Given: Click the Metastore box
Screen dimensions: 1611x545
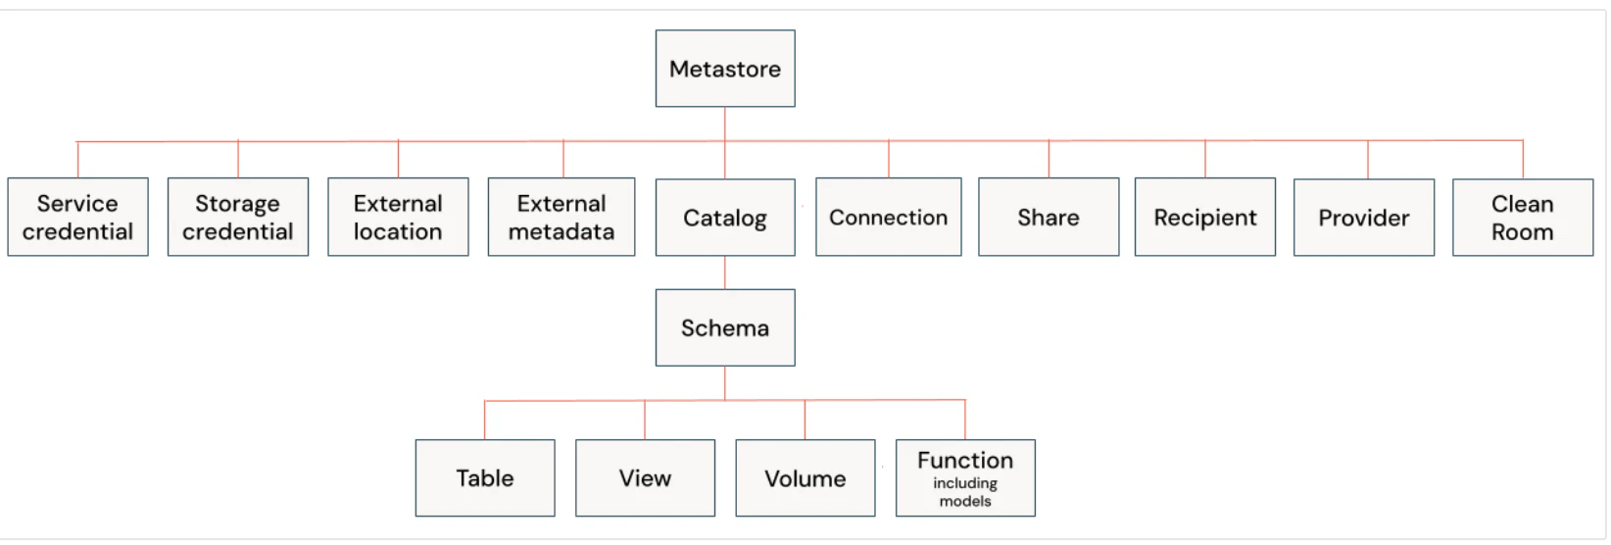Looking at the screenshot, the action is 725,69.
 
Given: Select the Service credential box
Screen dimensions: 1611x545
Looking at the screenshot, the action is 77,217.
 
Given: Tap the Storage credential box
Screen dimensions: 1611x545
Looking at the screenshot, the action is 238,217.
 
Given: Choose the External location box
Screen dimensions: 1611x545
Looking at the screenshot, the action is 399,217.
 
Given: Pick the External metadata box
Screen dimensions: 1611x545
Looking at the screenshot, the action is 561,217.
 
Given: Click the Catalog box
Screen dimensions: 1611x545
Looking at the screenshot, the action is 725,218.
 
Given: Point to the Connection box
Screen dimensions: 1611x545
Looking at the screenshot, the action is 888,217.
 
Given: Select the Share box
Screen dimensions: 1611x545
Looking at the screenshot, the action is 1049,217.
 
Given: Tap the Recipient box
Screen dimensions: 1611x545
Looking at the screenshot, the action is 1205,217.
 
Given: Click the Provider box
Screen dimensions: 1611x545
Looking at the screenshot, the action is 1364,218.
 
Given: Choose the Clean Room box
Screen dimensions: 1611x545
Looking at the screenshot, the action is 1523,218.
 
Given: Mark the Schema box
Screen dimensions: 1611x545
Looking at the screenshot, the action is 725,327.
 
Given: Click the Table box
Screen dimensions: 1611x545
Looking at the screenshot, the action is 485,478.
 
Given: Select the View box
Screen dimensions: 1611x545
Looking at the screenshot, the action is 645,478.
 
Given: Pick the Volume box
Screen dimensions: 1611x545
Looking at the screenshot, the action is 805,478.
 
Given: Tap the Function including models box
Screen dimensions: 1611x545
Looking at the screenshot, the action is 966,478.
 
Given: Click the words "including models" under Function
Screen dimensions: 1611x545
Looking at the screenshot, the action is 965,492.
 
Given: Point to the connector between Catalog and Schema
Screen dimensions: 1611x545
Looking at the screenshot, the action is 725,272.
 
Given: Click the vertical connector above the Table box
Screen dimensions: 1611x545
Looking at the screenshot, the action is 485,420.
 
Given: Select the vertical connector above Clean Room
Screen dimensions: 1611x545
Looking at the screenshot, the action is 1523,159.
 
